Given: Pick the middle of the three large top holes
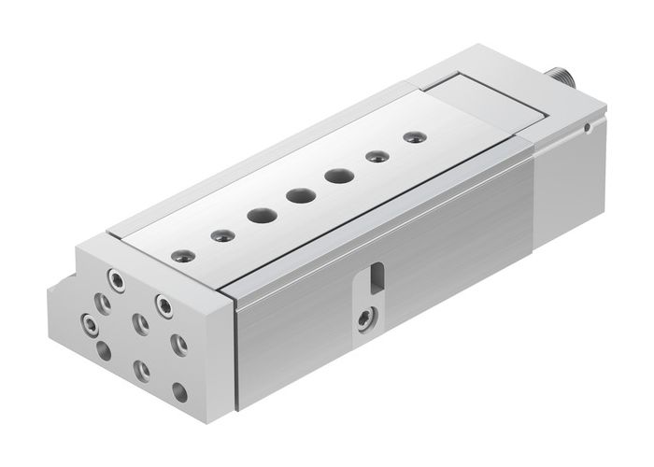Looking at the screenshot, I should click(300, 196).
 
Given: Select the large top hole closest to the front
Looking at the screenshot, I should click(259, 216).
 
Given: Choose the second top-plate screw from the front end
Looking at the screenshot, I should click(221, 233).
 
